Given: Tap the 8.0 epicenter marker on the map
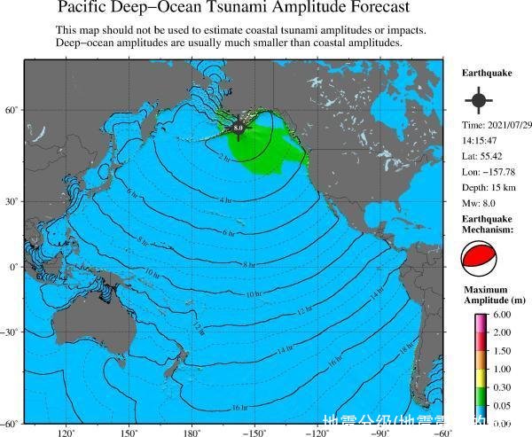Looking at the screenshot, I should [x=238, y=129].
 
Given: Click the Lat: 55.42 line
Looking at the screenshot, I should [x=483, y=156].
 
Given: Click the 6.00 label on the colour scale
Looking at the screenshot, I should [x=501, y=315].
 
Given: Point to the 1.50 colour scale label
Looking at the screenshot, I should [x=501, y=351].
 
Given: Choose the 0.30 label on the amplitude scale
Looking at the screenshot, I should [x=501, y=387].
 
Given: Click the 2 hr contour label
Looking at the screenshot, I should [x=223, y=159].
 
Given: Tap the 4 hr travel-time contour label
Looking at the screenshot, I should [x=225, y=200].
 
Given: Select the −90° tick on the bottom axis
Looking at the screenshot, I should [x=379, y=433].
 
